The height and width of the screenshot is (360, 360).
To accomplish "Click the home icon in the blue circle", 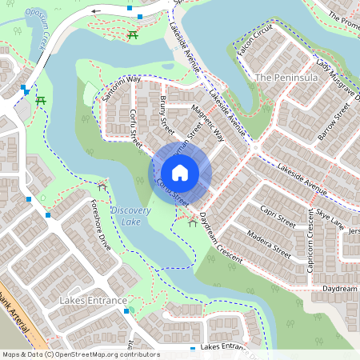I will (x=180, y=173).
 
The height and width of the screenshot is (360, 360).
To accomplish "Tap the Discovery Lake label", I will (x=131, y=215).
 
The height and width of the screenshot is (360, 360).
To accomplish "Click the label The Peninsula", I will (x=286, y=78).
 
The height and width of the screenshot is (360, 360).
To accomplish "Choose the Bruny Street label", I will (x=166, y=114).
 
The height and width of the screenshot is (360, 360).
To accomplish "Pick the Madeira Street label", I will (x=269, y=243).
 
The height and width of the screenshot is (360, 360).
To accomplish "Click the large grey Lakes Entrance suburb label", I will (x=93, y=301).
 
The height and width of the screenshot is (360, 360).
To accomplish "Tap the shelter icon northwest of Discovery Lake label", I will (x=102, y=186).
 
